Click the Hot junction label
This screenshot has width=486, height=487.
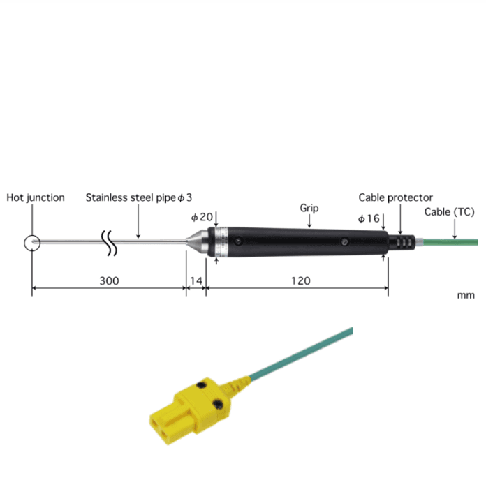tap(36, 197)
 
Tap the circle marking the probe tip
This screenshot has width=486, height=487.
tap(31, 243)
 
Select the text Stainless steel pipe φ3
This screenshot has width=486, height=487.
tap(138, 197)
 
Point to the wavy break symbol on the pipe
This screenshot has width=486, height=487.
tap(108, 242)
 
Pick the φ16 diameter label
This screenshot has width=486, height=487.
tap(369, 218)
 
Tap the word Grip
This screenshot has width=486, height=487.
tap(309, 208)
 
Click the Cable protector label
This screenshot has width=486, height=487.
tap(395, 197)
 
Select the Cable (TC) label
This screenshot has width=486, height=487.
tap(449, 211)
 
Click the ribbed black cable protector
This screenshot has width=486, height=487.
tap(401, 242)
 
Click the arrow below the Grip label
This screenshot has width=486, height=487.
tap(309, 222)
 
